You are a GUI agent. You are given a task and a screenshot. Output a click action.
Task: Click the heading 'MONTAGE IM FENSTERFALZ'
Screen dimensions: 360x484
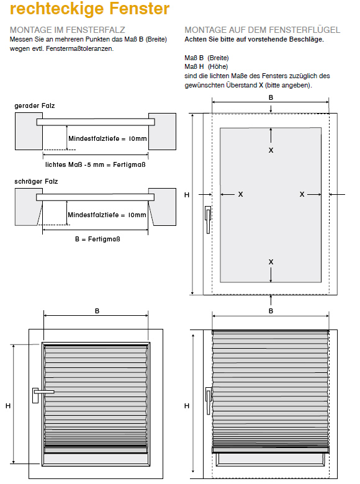click(67, 30)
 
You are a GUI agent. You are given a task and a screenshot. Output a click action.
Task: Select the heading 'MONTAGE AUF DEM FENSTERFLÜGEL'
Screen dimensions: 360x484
click(262, 30)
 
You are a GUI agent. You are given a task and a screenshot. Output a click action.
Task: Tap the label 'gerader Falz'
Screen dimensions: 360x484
click(35, 106)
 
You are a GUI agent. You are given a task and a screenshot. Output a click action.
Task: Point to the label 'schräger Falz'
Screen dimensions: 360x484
click(36, 181)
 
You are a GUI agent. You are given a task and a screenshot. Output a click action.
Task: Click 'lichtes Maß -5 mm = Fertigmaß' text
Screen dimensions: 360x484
click(95, 165)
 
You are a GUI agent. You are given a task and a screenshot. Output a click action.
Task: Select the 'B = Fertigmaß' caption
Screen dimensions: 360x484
click(97, 240)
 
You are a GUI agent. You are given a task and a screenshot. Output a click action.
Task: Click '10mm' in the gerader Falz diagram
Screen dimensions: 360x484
click(138, 139)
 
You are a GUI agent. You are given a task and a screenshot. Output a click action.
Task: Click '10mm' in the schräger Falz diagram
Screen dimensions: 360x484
click(137, 215)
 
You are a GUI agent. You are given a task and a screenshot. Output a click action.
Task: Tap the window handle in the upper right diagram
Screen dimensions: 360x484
click(208, 220)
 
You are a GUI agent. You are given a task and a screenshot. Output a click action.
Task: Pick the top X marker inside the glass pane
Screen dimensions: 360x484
click(271, 150)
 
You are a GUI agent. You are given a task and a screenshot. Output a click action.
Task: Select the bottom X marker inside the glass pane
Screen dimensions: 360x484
click(271, 262)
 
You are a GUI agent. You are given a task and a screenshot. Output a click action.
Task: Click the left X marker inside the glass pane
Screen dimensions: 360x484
click(240, 194)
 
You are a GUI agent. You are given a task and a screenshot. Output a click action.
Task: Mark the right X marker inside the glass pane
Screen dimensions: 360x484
click(302, 194)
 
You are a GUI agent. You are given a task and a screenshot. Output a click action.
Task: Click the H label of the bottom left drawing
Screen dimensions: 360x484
click(8, 406)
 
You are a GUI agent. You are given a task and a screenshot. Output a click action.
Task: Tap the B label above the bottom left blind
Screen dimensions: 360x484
click(97, 311)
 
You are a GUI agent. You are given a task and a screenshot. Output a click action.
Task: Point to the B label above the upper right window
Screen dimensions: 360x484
click(271, 97)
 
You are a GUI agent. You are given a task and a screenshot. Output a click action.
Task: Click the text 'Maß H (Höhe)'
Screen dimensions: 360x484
click(206, 66)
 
